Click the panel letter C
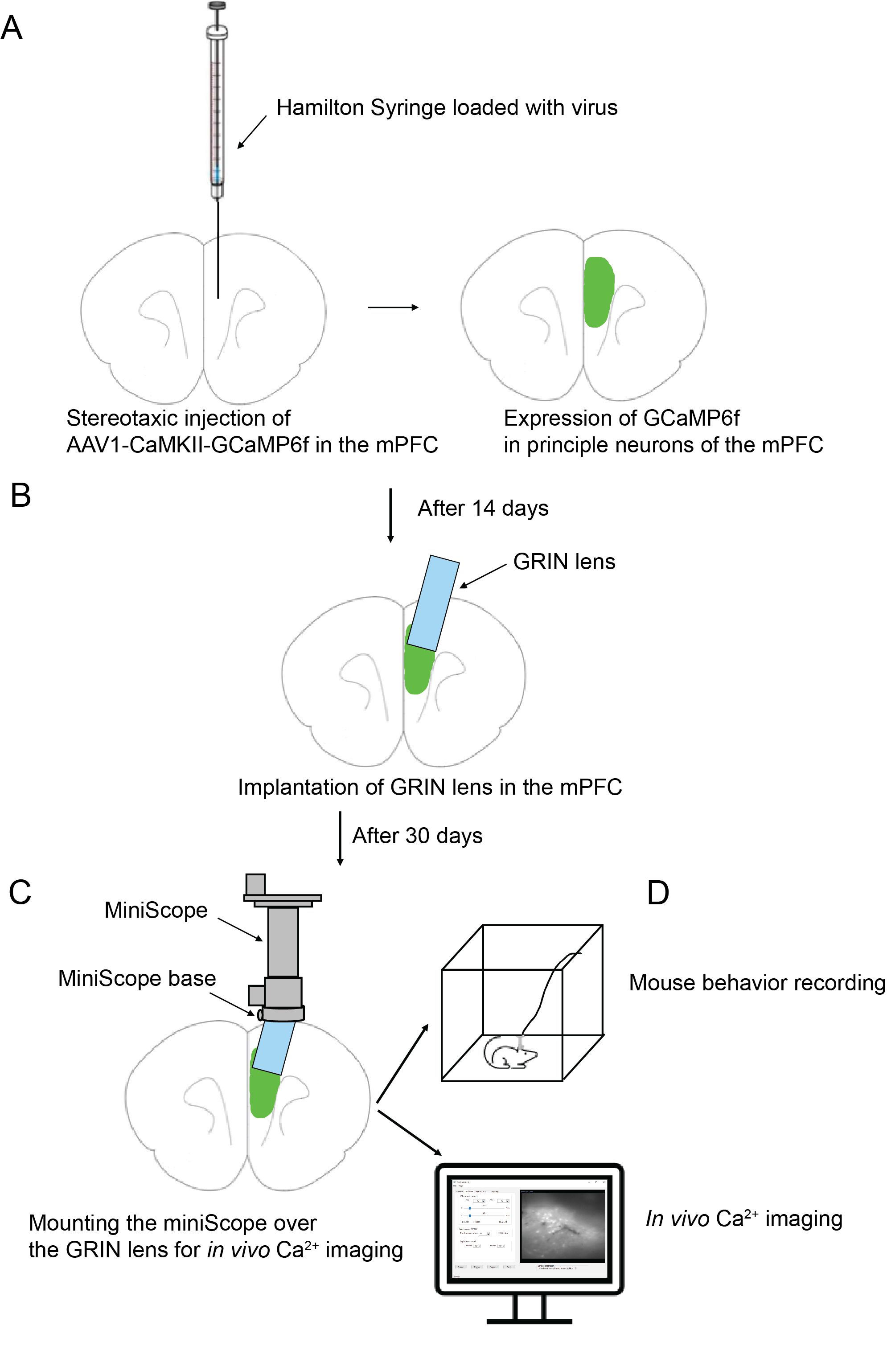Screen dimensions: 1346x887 pos(20,892)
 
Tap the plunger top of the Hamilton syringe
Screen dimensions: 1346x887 pos(216,7)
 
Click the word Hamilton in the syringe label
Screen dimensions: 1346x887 pos(320,107)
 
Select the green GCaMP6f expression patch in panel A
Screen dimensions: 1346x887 pos(599,291)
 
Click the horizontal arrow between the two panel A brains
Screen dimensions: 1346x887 pos(393,307)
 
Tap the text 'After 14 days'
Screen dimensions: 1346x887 pos(483,508)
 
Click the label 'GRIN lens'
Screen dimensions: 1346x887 pos(564,562)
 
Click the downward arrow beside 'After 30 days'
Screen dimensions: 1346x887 pos(340,837)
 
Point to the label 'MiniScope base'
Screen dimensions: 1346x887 pos(137,978)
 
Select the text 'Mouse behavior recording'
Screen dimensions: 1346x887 pos(757,982)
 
